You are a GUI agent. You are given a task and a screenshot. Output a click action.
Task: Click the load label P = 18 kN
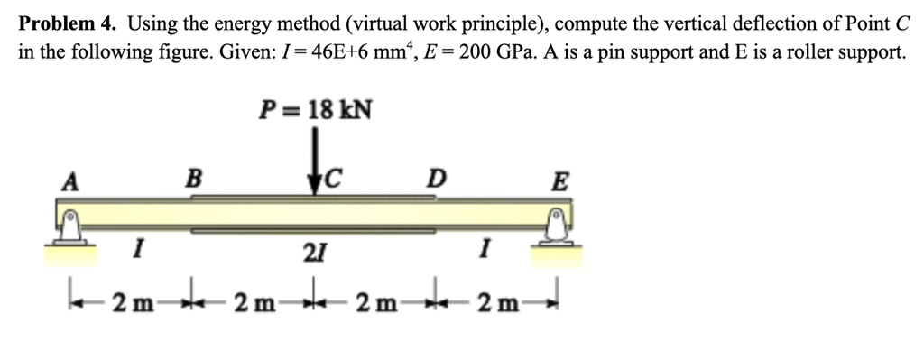point(315,111)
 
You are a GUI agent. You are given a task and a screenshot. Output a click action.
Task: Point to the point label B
point(192,176)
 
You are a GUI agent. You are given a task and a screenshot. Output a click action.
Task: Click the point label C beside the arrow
point(333,178)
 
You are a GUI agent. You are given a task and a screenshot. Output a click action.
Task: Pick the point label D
point(436,178)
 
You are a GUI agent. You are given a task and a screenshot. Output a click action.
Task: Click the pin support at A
point(69,226)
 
